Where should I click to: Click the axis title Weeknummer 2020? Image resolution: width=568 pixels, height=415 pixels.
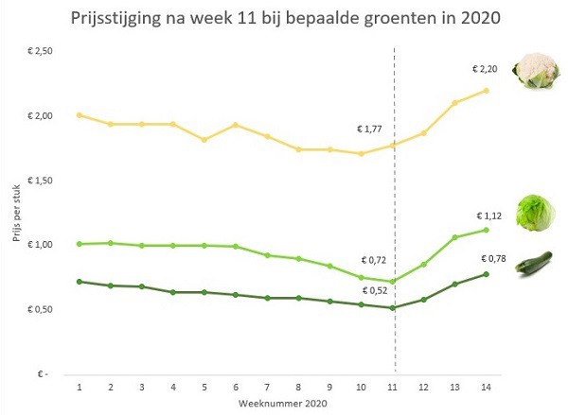[284, 405]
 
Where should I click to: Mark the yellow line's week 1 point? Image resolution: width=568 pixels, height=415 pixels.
[79, 115]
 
